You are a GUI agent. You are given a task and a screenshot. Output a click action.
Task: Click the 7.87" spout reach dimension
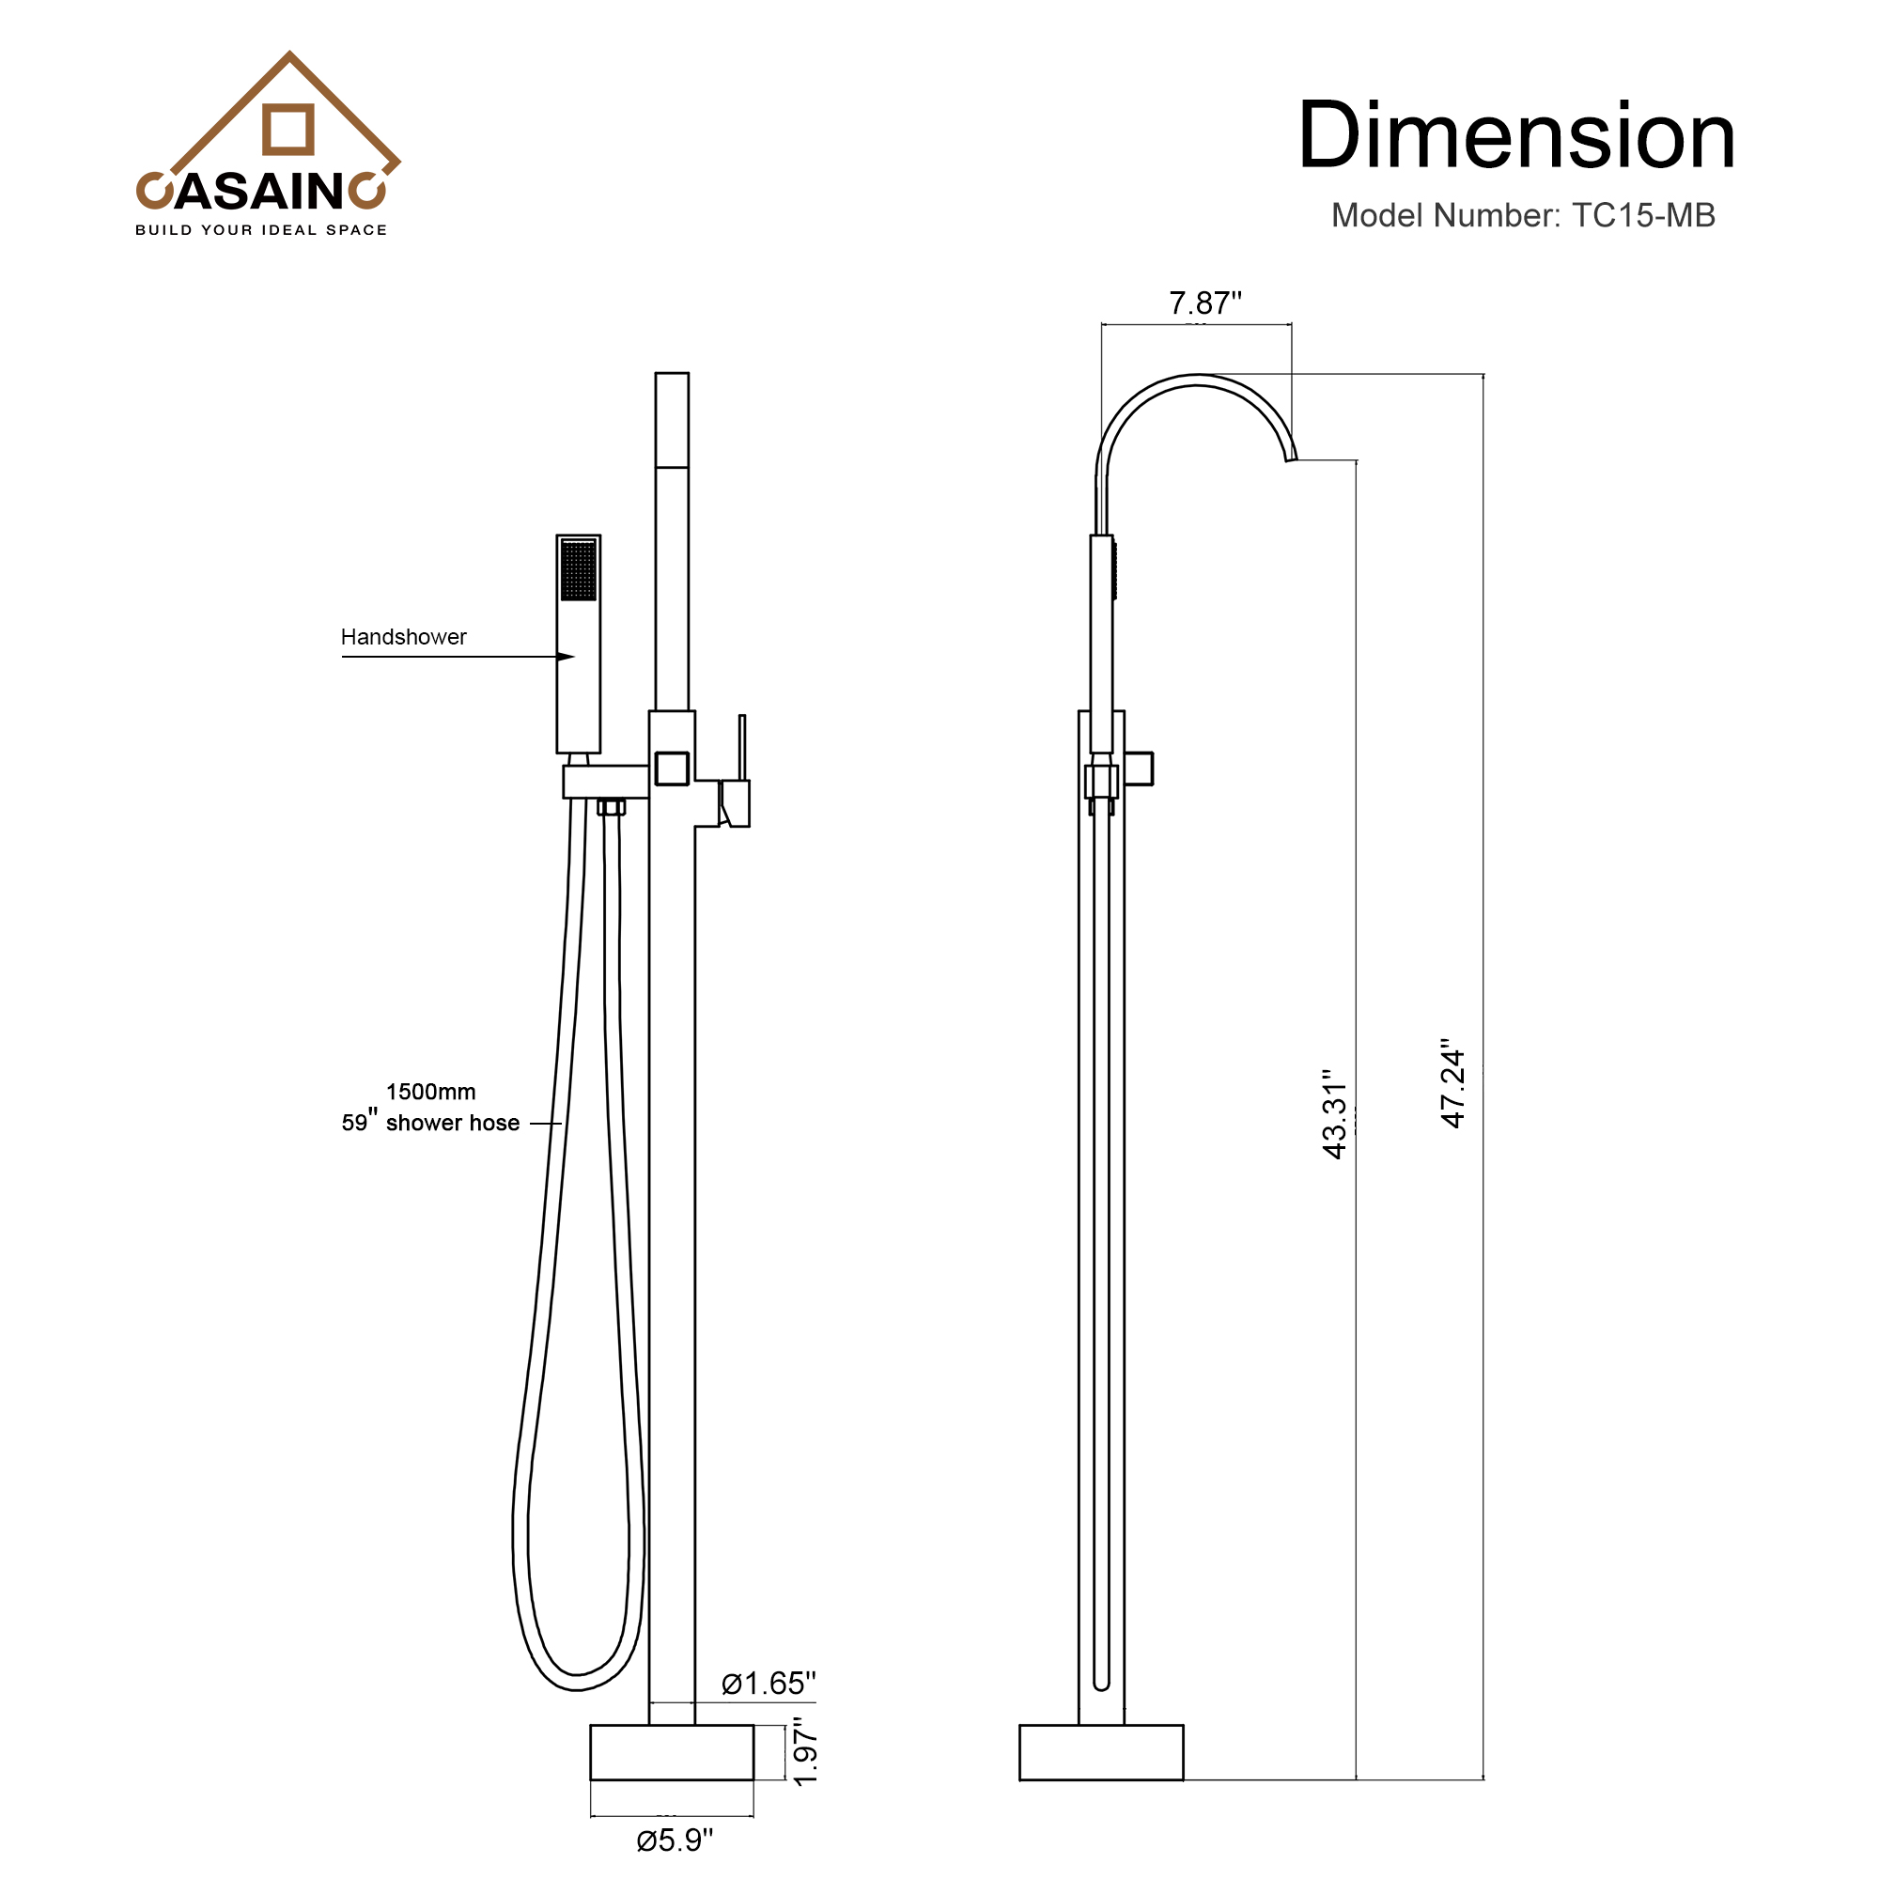tap(1204, 303)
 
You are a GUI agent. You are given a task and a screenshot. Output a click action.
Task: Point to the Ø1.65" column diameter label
tap(769, 1684)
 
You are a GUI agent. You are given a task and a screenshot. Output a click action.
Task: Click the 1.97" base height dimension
tap(805, 1751)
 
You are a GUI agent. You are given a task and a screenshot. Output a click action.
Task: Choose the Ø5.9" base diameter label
tap(674, 1840)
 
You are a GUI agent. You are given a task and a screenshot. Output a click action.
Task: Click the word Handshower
tap(403, 637)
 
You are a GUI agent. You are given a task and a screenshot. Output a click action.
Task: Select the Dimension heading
tap(1516, 136)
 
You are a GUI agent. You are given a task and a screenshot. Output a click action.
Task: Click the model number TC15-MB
tap(1642, 216)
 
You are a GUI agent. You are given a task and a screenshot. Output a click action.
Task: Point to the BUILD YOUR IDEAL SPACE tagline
tap(260, 230)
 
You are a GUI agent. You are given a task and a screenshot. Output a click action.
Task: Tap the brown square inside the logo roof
tap(288, 130)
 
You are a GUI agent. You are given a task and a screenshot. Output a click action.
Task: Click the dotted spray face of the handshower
tap(579, 571)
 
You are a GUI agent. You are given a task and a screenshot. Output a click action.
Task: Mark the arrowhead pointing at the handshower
tap(565, 657)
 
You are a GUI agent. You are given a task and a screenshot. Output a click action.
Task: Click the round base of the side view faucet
tap(1101, 1752)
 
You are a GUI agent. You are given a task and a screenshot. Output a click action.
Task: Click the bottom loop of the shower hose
tap(576, 1680)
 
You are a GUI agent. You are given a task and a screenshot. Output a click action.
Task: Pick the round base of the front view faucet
tap(671, 1752)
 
